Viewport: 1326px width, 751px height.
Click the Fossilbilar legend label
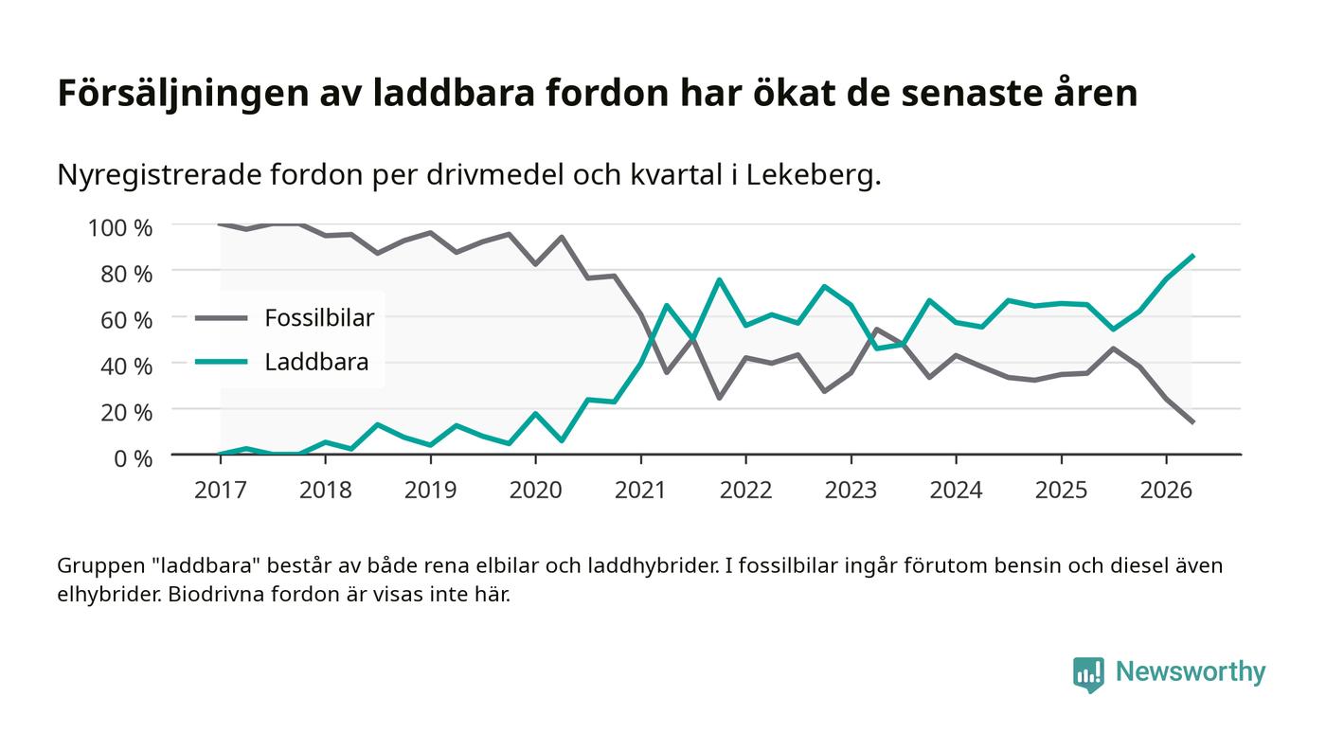click(x=319, y=318)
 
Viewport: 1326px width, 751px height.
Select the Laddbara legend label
click(x=316, y=362)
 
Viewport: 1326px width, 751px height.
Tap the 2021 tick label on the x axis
click(x=640, y=490)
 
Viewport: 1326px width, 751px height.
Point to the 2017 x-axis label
click(x=220, y=490)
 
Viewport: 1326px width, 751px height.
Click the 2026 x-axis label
click(x=1166, y=490)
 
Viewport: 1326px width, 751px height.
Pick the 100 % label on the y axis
click(x=120, y=228)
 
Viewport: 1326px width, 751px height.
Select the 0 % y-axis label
click(x=134, y=458)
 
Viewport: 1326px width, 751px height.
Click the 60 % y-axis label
click(x=127, y=320)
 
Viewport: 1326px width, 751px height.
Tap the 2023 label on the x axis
click(x=851, y=490)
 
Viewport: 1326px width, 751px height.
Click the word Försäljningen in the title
click(x=184, y=94)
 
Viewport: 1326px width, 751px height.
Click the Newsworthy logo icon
click(x=1088, y=674)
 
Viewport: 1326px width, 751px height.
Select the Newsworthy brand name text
click(x=1191, y=671)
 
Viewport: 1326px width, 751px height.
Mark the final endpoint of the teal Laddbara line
click(x=1192, y=256)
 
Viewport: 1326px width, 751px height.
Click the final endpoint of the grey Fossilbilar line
click(x=1192, y=422)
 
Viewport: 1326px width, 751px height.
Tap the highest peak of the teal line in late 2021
click(x=719, y=279)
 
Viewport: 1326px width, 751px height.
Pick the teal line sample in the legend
click(x=222, y=362)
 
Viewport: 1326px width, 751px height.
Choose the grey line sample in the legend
click(x=222, y=318)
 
